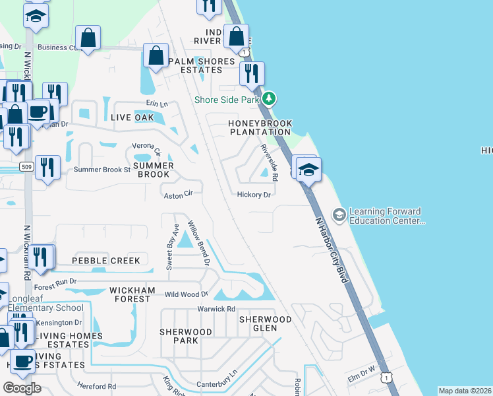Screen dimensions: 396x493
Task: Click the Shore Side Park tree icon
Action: tap(268, 100)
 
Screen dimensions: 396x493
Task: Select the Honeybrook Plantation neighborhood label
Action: tap(260, 127)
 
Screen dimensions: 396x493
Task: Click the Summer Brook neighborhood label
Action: tap(154, 170)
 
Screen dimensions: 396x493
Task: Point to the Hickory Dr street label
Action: tap(254, 195)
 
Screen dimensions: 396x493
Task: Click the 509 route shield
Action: tap(26, 166)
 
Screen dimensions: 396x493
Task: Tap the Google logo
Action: tap(22, 388)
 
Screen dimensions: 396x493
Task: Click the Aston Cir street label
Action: tap(178, 195)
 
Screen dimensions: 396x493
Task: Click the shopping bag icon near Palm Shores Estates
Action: tap(156, 56)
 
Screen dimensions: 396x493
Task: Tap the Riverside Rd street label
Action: tap(269, 162)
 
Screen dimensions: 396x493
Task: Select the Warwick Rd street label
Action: tap(216, 309)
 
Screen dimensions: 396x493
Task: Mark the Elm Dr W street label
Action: tap(361, 376)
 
